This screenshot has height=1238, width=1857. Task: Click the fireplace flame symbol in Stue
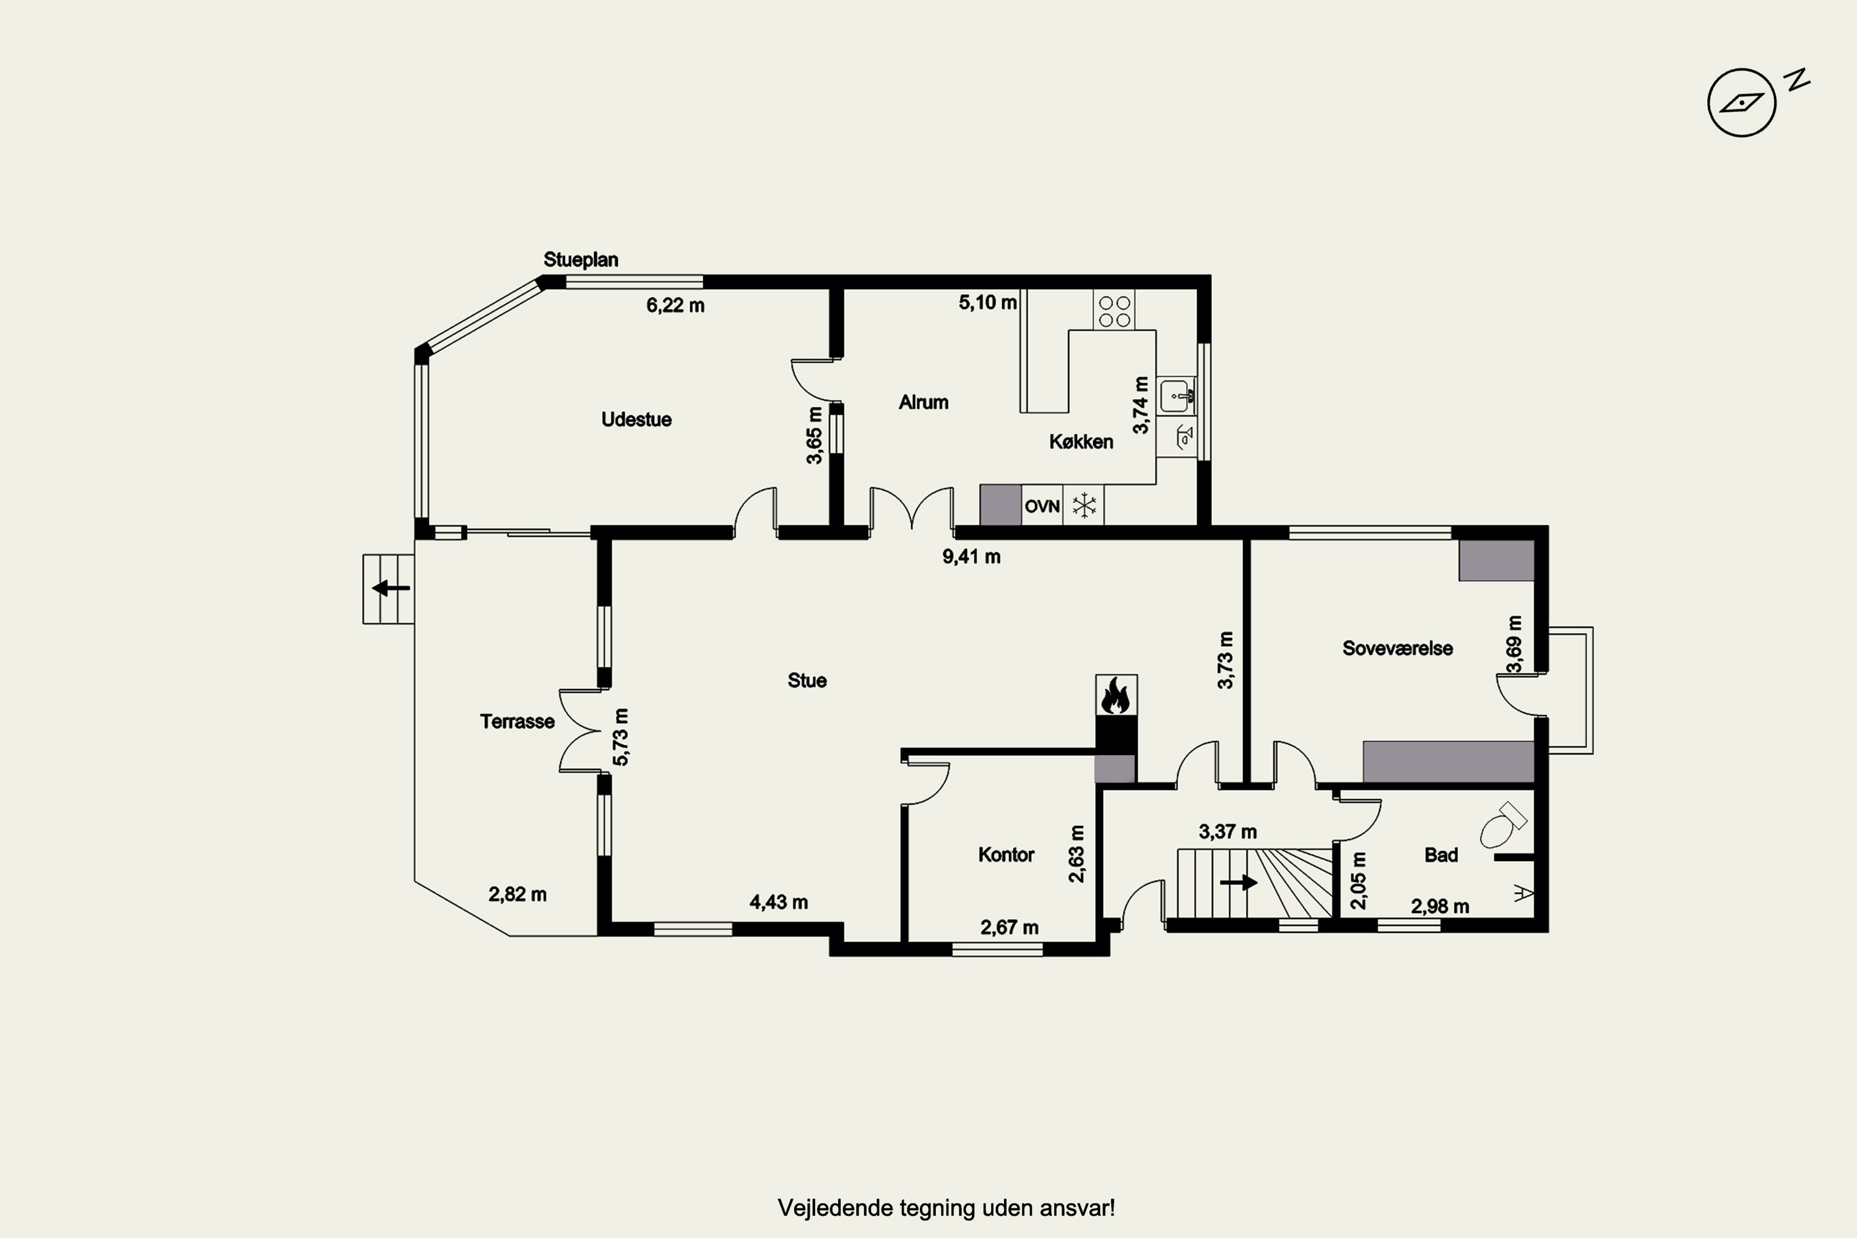pyautogui.click(x=1115, y=696)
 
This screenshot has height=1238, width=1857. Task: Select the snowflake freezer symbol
pyautogui.click(x=1084, y=505)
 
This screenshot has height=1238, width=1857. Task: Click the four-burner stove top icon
pyautogui.click(x=1114, y=311)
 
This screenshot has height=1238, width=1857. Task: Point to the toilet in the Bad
pyautogui.click(x=1502, y=825)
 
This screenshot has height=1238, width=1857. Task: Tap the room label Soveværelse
pyautogui.click(x=1398, y=648)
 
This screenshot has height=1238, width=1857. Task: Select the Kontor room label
pyautogui.click(x=1006, y=854)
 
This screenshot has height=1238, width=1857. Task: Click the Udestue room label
pyautogui.click(x=636, y=419)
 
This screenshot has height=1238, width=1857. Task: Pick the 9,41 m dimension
pyautogui.click(x=971, y=556)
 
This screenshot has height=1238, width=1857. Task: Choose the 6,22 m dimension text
pyautogui.click(x=675, y=306)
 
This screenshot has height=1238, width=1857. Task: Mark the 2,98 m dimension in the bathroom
pyautogui.click(x=1440, y=906)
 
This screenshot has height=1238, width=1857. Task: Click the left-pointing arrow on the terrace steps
pyautogui.click(x=391, y=588)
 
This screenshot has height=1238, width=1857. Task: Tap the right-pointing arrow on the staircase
pyautogui.click(x=1239, y=882)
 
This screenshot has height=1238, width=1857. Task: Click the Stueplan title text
pyautogui.click(x=581, y=260)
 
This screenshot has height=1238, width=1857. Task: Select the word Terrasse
pyautogui.click(x=517, y=722)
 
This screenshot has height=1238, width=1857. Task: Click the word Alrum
pyautogui.click(x=924, y=402)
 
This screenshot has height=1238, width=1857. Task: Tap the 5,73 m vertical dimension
pyautogui.click(x=621, y=737)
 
